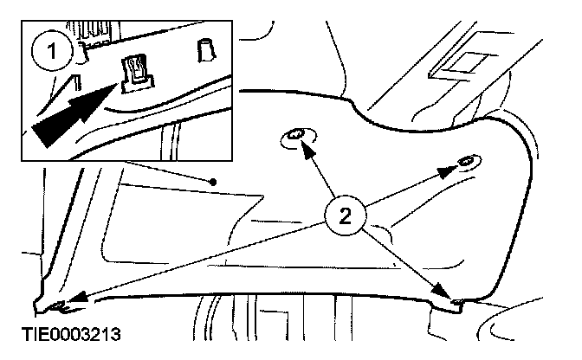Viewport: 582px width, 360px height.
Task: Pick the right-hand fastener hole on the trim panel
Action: tap(466, 163)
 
